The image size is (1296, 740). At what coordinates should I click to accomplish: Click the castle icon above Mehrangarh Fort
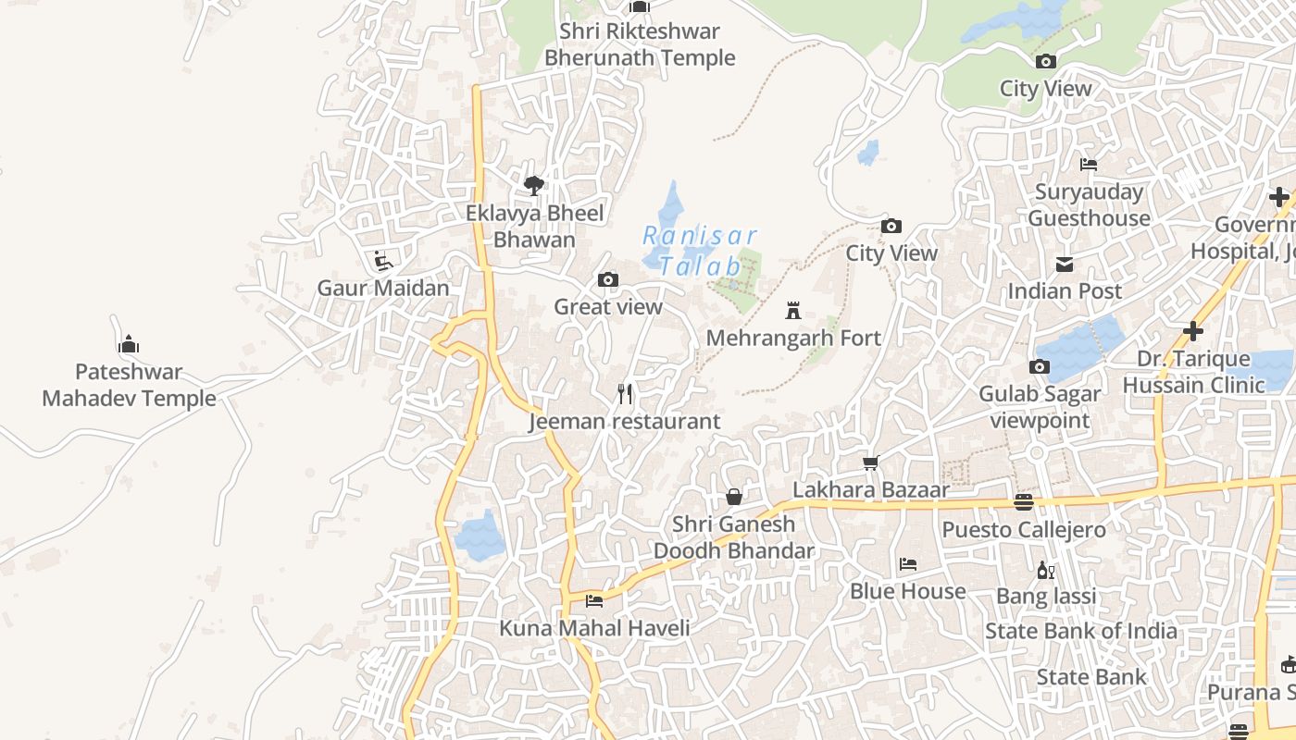[x=792, y=310]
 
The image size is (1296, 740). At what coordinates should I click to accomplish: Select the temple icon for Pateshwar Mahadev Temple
[x=129, y=345]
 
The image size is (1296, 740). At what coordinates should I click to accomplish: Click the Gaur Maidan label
[x=383, y=288]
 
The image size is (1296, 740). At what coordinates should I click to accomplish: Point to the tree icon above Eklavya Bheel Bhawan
[x=533, y=186]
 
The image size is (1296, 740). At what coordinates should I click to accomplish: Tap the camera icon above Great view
[x=608, y=279]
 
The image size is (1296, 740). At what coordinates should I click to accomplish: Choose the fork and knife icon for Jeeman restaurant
[x=625, y=394]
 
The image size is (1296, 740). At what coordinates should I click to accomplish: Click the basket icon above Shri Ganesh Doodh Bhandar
[x=733, y=497]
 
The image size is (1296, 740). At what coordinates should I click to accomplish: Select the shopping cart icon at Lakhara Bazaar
[x=870, y=462]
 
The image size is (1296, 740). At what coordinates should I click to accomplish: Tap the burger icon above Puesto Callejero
[x=1023, y=502]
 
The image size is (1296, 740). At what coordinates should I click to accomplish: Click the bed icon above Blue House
[x=908, y=563]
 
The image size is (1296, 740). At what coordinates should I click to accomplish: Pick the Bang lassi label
[x=1046, y=596]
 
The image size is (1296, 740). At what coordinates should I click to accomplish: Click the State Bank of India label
[x=1080, y=632]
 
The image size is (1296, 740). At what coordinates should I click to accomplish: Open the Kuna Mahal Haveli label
[x=594, y=628]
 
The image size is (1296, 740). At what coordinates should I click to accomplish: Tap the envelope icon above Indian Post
[x=1065, y=265]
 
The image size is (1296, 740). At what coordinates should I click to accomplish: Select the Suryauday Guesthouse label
[x=1089, y=205]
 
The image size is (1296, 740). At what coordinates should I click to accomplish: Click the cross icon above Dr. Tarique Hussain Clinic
[x=1193, y=331]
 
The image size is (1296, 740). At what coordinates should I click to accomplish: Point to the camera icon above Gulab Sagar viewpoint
[x=1039, y=367]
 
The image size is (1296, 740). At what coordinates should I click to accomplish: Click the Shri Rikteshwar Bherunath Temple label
[x=639, y=44]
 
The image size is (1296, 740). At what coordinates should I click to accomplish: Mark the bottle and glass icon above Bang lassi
[x=1046, y=570]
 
